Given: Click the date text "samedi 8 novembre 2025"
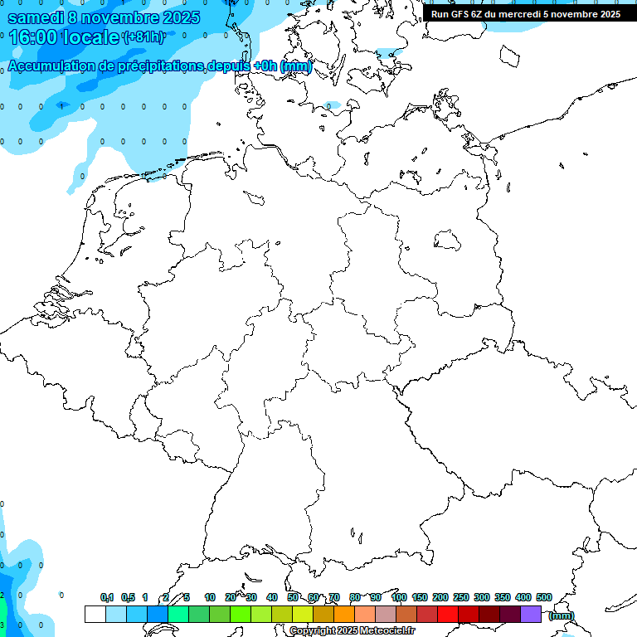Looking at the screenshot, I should click(104, 17).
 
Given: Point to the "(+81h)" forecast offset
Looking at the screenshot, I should click(143, 37).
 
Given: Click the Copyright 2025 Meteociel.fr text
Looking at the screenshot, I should click(363, 631).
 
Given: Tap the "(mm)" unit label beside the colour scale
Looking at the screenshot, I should click(561, 615).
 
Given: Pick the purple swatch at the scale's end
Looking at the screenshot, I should click(531, 615).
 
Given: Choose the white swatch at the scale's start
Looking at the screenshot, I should click(95, 615).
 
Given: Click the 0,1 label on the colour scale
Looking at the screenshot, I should click(107, 597).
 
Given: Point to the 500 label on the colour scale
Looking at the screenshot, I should click(543, 597).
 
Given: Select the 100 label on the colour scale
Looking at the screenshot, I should click(398, 597).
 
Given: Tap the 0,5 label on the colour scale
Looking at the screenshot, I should click(128, 597).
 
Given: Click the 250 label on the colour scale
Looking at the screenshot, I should click(461, 597).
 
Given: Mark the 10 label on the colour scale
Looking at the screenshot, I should click(210, 597).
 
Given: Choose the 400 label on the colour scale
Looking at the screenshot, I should click(523, 597).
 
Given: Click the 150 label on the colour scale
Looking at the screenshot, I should click(420, 597).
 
